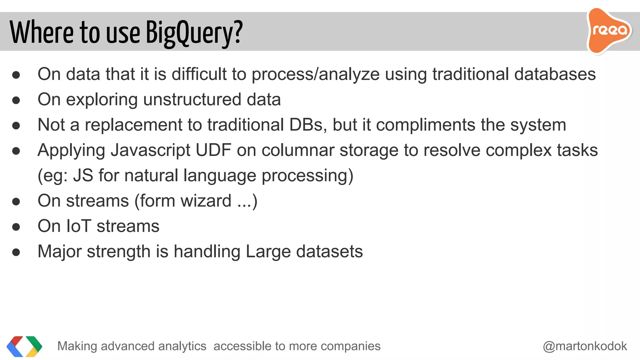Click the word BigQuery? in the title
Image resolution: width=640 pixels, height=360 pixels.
point(194,32)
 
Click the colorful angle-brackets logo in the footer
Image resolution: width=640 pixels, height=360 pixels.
point(24,346)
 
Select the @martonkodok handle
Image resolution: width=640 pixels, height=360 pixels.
point(585,346)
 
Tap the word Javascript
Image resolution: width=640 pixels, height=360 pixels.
point(151,150)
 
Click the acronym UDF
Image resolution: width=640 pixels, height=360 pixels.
point(213,150)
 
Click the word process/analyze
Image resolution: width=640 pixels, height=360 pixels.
point(316,74)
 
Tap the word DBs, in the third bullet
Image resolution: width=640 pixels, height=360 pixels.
point(308,125)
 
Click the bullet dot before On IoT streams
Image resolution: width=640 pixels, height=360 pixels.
point(16,227)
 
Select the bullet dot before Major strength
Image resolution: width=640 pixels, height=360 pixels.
point(16,252)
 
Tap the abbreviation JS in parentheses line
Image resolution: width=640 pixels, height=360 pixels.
point(83,175)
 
